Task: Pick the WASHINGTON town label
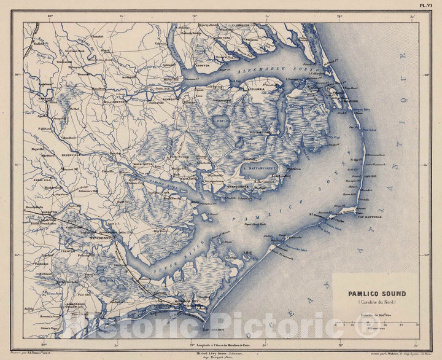click(x=144, y=164)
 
